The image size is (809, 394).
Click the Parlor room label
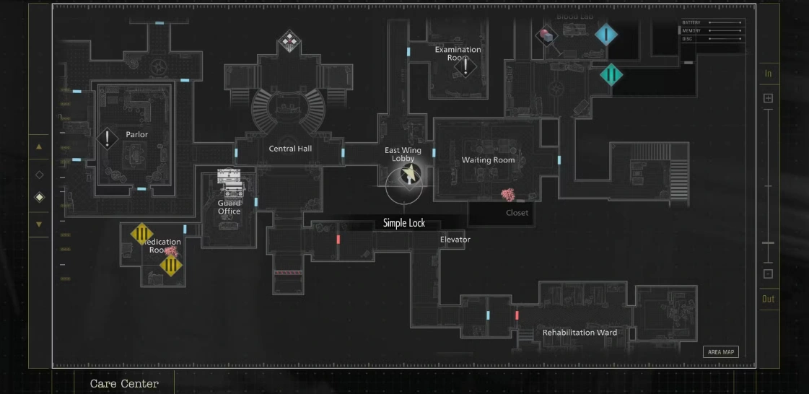point(136,135)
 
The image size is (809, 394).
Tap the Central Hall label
point(291,149)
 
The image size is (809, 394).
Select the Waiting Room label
point(488,160)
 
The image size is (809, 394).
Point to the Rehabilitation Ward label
point(580,333)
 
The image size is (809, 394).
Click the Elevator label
point(455,240)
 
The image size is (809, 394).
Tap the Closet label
point(517,213)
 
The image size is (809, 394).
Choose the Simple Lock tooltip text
point(404,224)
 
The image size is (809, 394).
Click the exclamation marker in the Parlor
point(108,139)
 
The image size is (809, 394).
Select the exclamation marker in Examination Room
point(465,68)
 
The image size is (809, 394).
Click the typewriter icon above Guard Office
point(229,183)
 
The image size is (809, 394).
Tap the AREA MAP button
point(720,352)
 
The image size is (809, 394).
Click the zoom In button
point(768,74)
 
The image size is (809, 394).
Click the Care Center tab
point(124,384)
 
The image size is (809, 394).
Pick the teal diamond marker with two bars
point(611,74)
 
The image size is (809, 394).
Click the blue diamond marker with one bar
point(606,34)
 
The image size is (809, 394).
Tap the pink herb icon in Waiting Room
point(508,194)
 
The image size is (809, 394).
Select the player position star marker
point(410,174)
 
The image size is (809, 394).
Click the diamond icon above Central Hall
point(289,40)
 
